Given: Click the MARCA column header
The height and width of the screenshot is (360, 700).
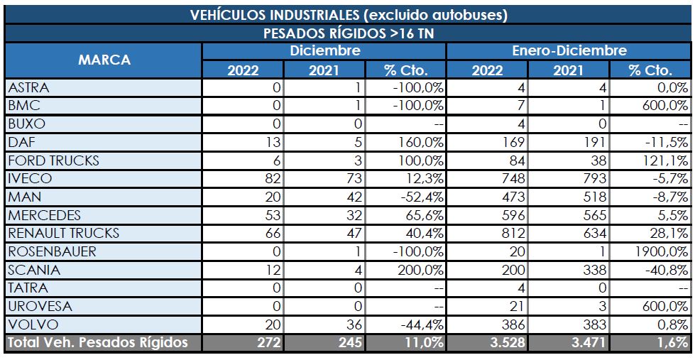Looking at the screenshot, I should pyautogui.click(x=104, y=60).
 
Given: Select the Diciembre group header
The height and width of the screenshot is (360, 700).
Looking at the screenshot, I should pyautogui.click(x=324, y=51).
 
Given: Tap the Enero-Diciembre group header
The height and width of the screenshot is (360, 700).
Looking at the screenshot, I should pyautogui.click(x=569, y=51).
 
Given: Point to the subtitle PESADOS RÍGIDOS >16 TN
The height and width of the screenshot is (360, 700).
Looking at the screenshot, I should pyautogui.click(x=348, y=33).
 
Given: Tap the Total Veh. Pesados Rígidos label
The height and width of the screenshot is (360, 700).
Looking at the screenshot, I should pyautogui.click(x=97, y=343).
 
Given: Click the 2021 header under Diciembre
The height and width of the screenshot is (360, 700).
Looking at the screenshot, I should pyautogui.click(x=324, y=70).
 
